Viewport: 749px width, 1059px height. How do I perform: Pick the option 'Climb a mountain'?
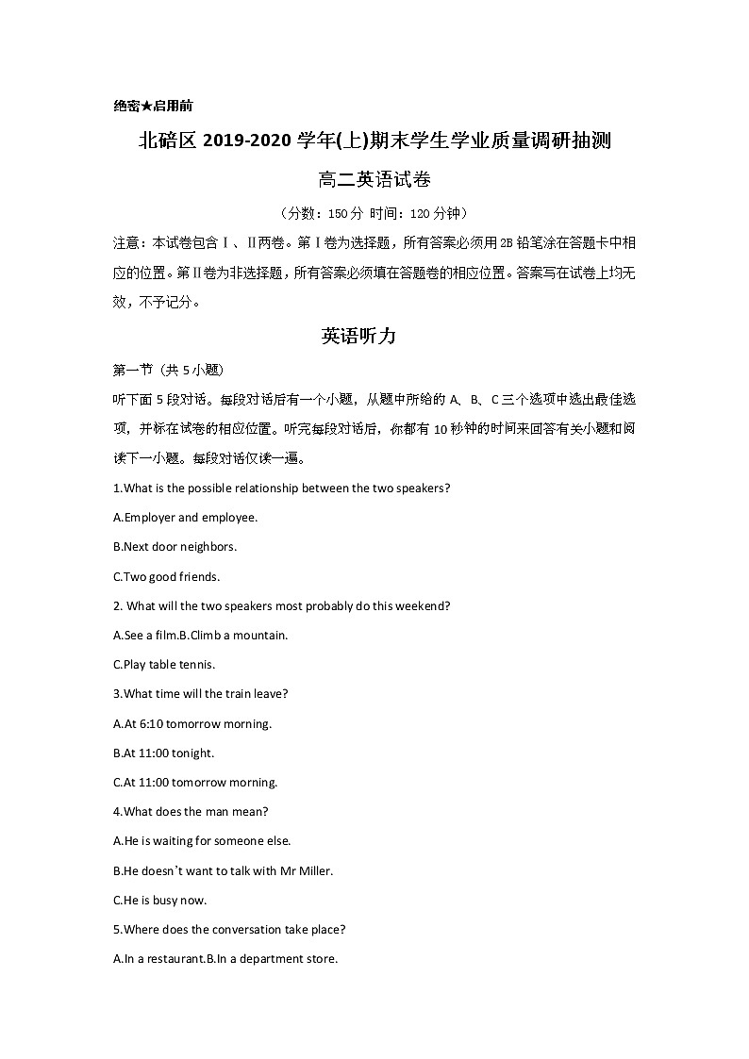click(x=233, y=636)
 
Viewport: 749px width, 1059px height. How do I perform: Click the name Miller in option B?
click(x=316, y=871)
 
